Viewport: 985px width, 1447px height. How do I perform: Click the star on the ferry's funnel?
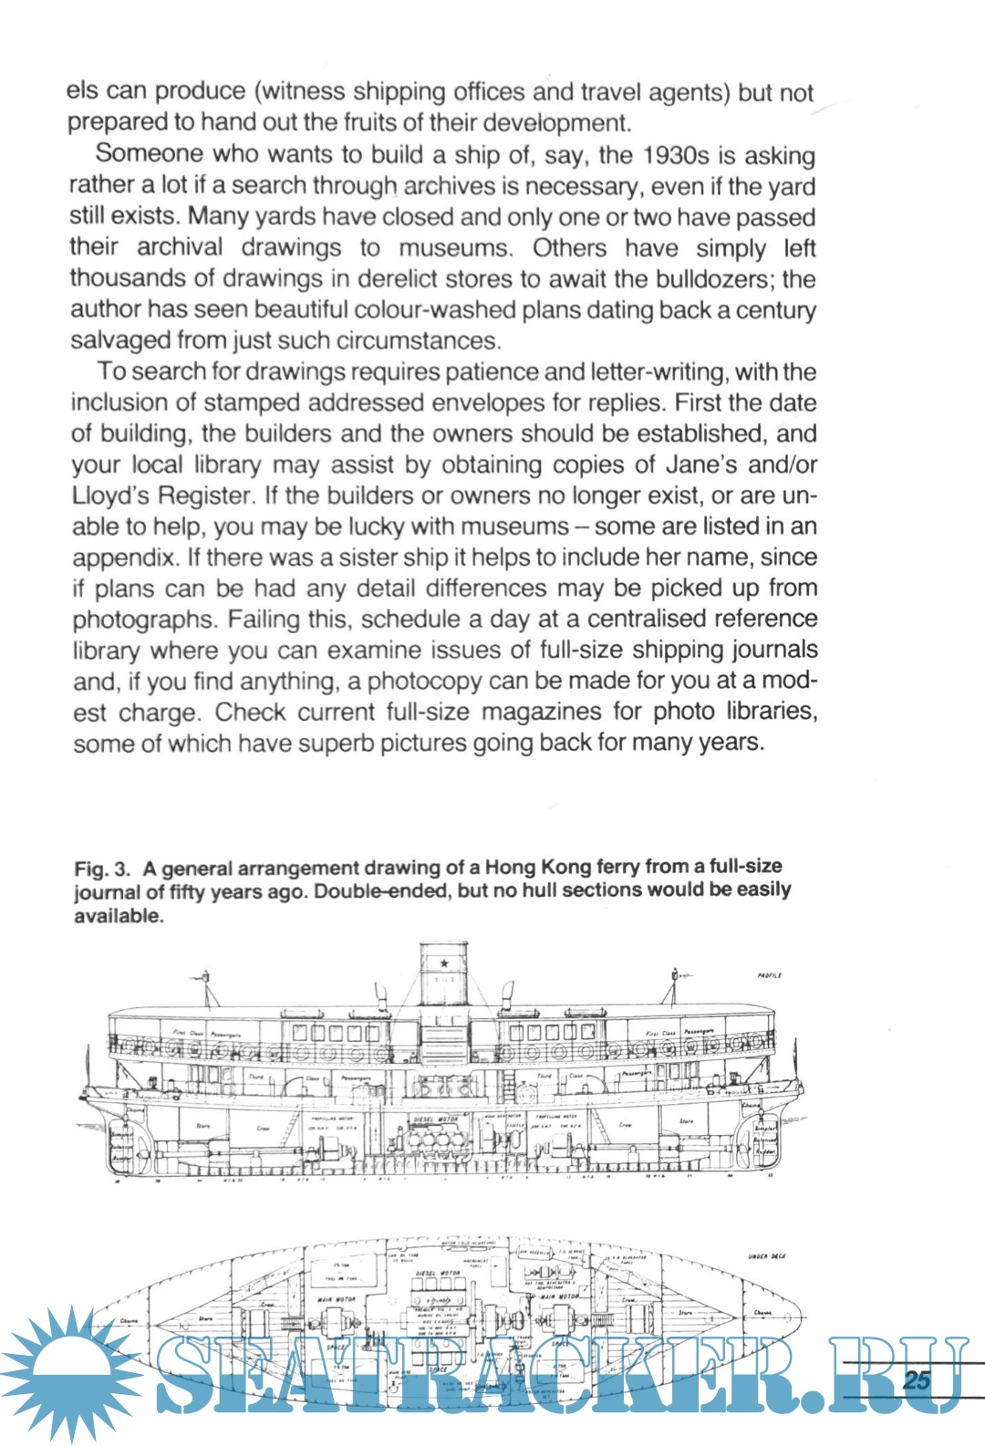tap(444, 963)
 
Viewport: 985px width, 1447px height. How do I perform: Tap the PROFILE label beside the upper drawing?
tap(769, 975)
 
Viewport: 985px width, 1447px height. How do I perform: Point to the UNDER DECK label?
tap(766, 1256)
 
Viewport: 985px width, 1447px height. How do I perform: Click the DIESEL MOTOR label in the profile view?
tap(437, 1119)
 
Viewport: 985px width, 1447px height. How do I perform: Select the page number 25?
tap(916, 1379)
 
